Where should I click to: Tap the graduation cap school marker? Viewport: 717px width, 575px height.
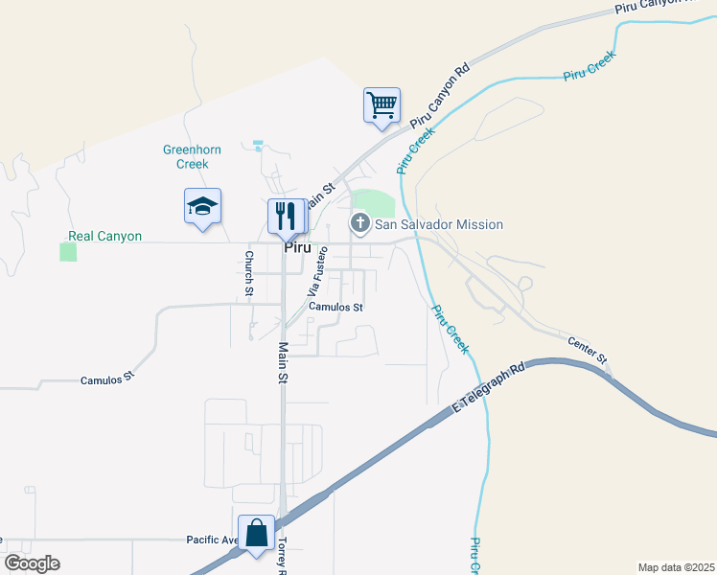tap(202, 206)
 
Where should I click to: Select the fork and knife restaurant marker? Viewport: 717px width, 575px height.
tap(286, 216)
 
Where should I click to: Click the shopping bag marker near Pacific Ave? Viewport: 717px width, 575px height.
tap(256, 533)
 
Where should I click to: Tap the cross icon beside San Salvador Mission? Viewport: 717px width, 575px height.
tap(360, 224)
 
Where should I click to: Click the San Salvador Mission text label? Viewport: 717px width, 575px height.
tap(438, 224)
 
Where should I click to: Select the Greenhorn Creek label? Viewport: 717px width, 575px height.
tap(186, 156)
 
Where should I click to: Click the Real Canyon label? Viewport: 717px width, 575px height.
tap(104, 236)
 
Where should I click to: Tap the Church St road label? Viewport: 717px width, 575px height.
tap(249, 272)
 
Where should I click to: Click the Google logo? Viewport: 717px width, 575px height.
tap(32, 563)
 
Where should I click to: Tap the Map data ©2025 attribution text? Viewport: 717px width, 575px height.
tap(676, 567)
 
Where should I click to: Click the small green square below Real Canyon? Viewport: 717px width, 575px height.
tap(68, 252)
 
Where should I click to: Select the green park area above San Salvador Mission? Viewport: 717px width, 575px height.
tap(375, 202)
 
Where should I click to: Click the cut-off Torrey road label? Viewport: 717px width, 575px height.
tap(282, 555)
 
